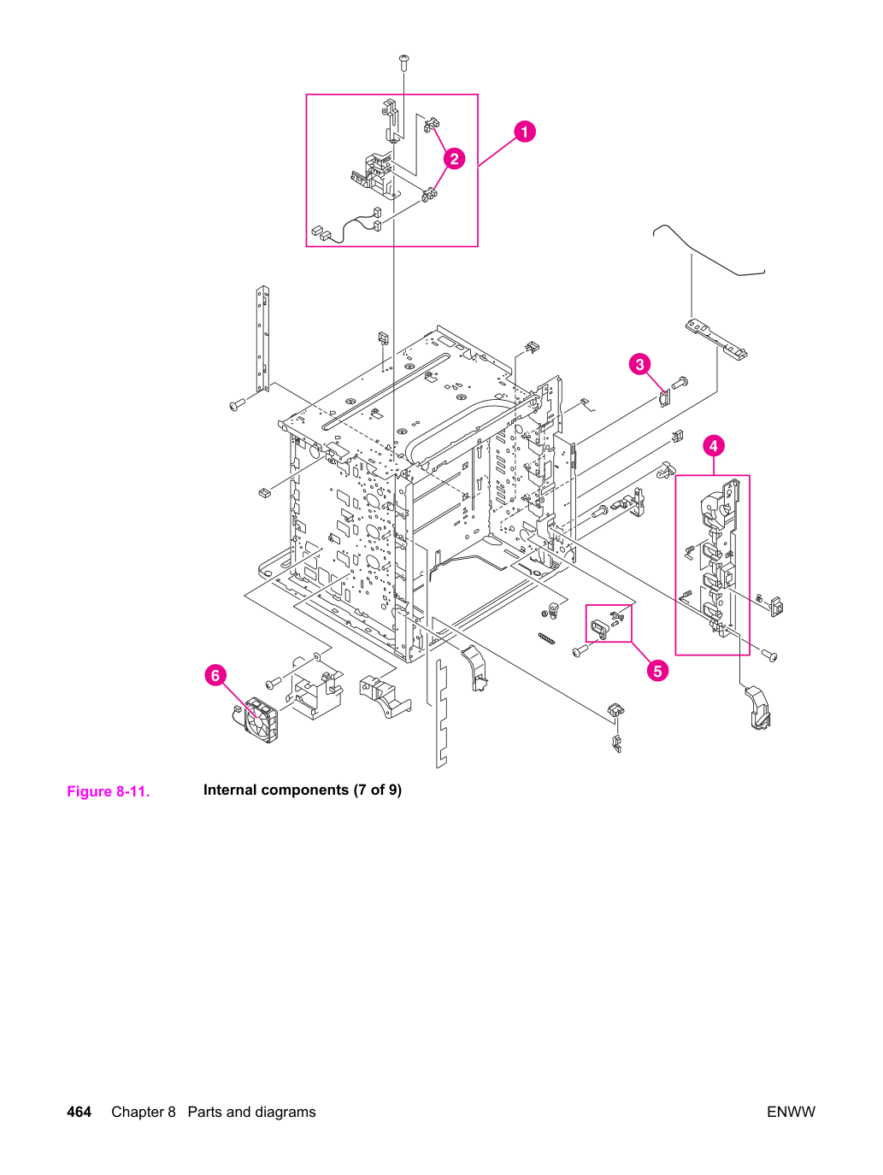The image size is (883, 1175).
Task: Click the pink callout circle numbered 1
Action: [x=524, y=132]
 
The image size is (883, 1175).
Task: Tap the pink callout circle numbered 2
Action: [x=454, y=158]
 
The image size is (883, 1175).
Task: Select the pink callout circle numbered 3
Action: [x=639, y=365]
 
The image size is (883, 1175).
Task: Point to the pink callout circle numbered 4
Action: [x=713, y=446]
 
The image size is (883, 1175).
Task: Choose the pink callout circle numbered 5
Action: [x=657, y=670]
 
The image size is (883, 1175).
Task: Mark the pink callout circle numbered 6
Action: [x=215, y=676]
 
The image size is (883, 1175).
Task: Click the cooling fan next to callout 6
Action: [x=261, y=720]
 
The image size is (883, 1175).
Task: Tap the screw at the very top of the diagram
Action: [x=404, y=62]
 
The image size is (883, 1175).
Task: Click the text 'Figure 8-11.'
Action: [x=109, y=791]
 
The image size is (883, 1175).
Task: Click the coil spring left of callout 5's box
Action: [x=546, y=638]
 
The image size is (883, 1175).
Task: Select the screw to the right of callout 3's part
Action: [x=680, y=383]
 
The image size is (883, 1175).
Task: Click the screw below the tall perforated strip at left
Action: [x=237, y=405]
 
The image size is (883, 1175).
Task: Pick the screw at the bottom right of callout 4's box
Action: [x=769, y=655]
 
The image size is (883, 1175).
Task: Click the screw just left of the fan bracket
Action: [x=273, y=683]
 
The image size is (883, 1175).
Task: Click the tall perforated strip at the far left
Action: [x=262, y=339]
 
